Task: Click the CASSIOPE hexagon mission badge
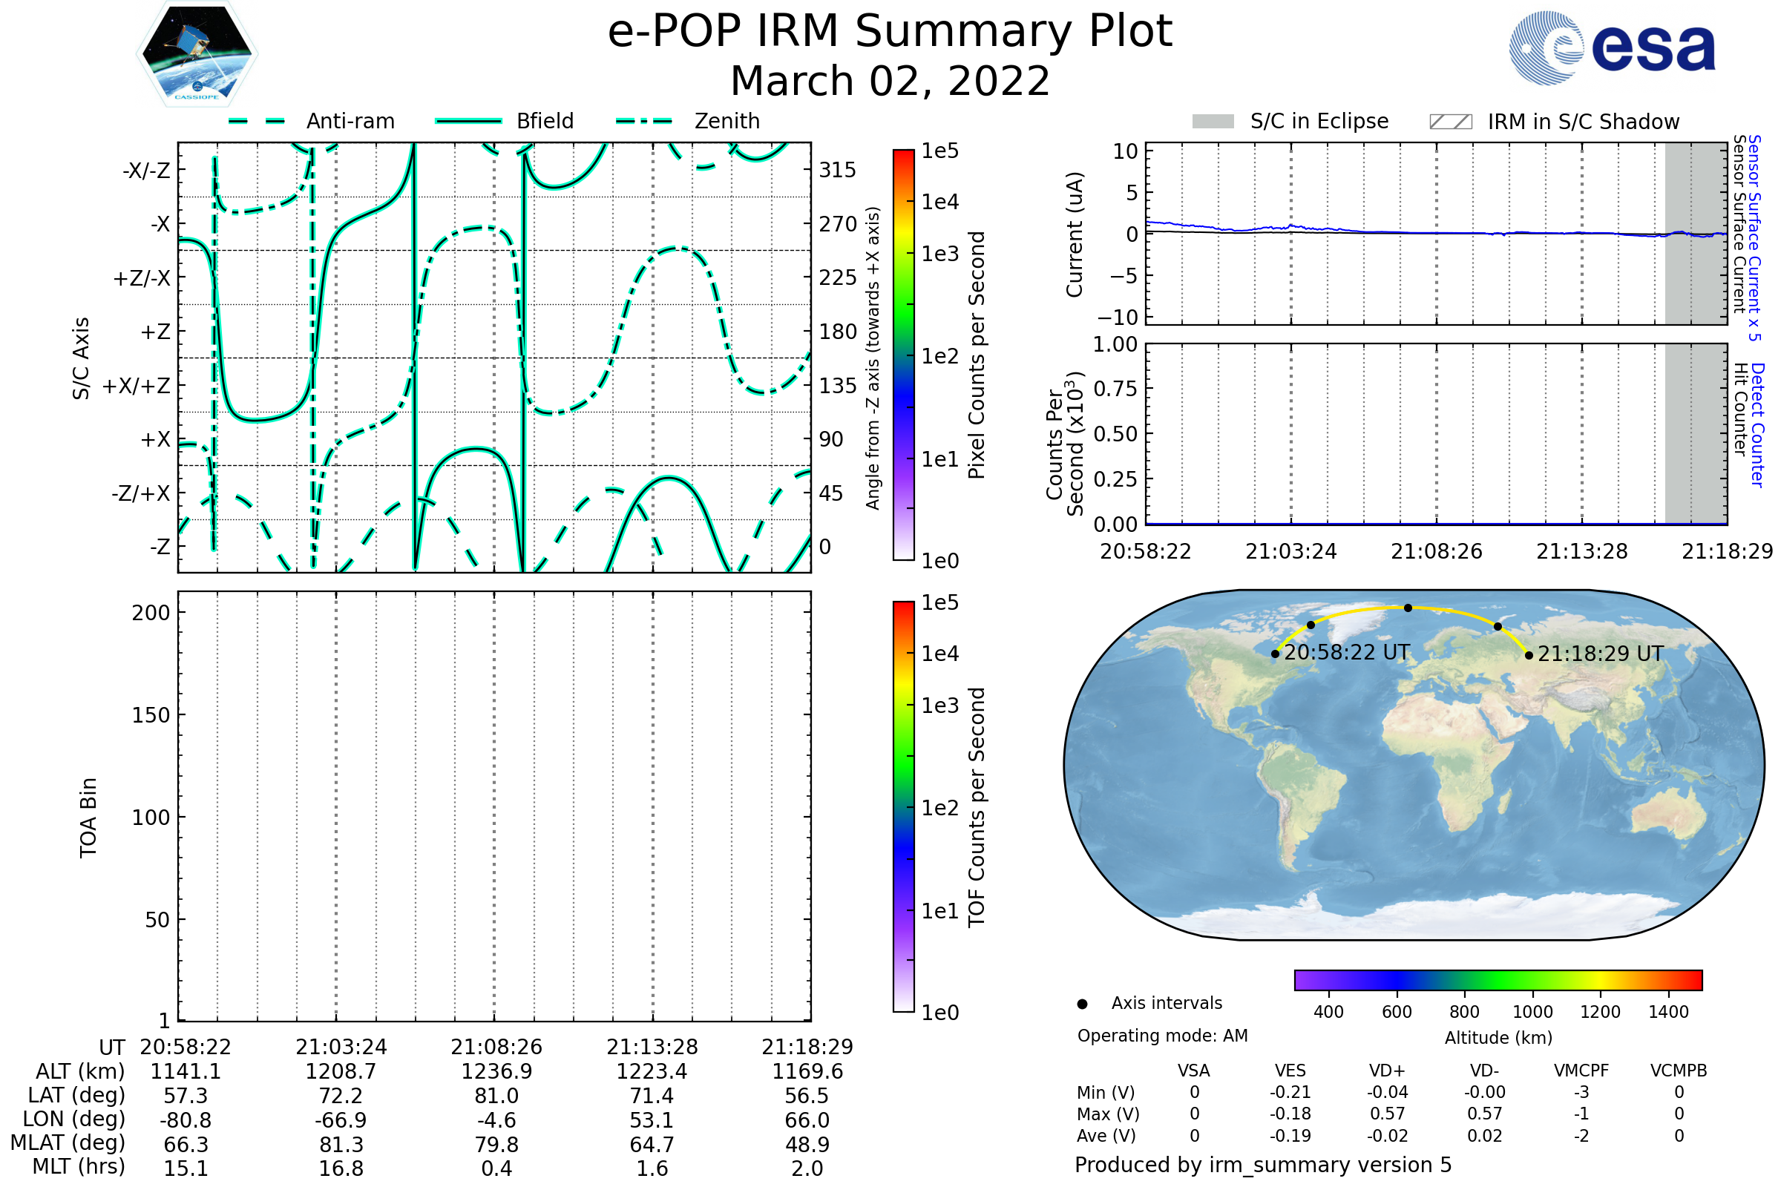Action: pyautogui.click(x=197, y=53)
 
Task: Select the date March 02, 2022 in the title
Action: pyautogui.click(x=890, y=81)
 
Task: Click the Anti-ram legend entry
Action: pyautogui.click(x=350, y=121)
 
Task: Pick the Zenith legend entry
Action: pyautogui.click(x=726, y=121)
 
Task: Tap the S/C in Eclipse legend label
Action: pyautogui.click(x=1319, y=121)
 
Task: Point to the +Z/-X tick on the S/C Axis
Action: pyautogui.click(x=142, y=279)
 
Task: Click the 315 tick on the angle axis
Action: pyautogui.click(x=837, y=170)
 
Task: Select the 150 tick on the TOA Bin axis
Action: pyautogui.click(x=151, y=715)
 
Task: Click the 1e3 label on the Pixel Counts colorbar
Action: pyautogui.click(x=939, y=254)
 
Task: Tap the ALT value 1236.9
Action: pyautogui.click(x=496, y=1072)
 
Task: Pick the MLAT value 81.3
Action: pyautogui.click(x=341, y=1145)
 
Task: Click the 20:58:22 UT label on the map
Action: pyautogui.click(x=1346, y=653)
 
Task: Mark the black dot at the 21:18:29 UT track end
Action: pyautogui.click(x=1529, y=656)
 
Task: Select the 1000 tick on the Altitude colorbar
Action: pyautogui.click(x=1532, y=1012)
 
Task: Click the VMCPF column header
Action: pyautogui.click(x=1581, y=1071)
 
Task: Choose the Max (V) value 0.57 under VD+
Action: pyautogui.click(x=1387, y=1114)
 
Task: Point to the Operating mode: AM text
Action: pyautogui.click(x=1162, y=1036)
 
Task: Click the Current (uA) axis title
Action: pyautogui.click(x=1075, y=234)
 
